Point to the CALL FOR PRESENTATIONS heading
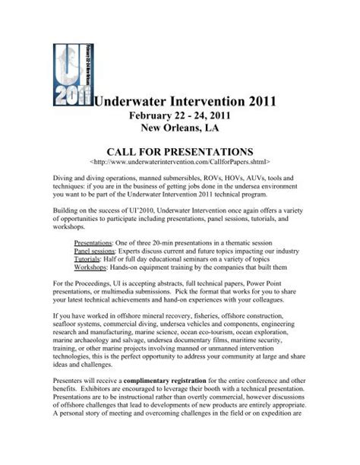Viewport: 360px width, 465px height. click(x=179, y=151)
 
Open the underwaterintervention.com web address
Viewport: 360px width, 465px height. click(x=180, y=163)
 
